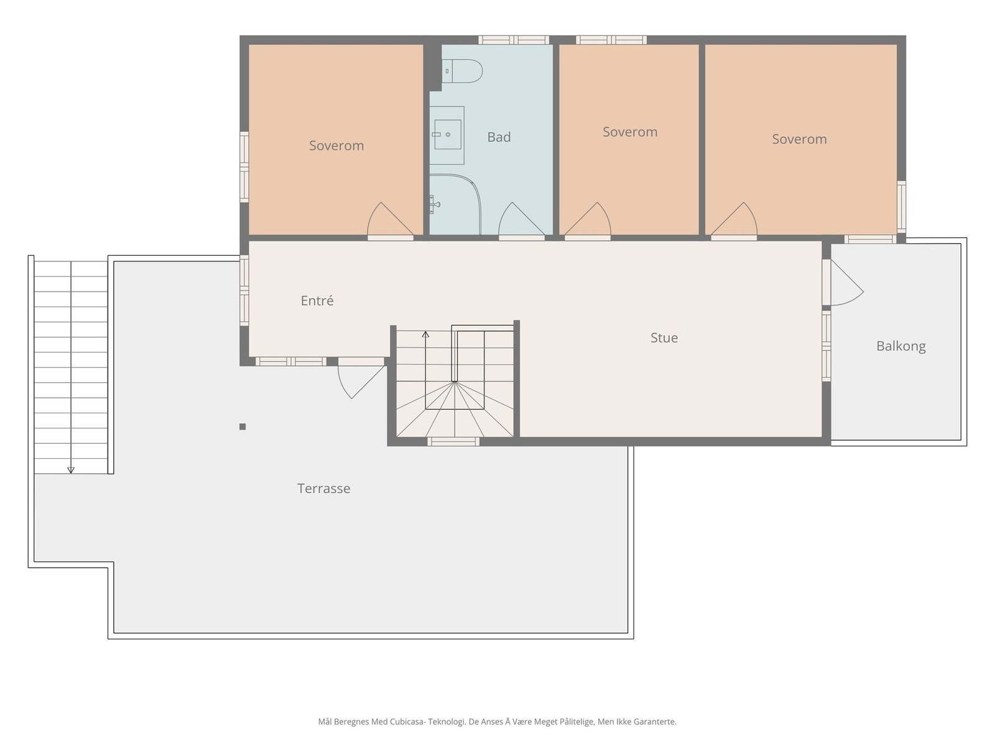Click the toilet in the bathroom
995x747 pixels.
click(x=461, y=71)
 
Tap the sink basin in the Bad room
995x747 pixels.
click(x=447, y=134)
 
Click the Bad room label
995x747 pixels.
click(x=499, y=137)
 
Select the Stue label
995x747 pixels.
click(x=664, y=337)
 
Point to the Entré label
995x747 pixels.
click(x=317, y=300)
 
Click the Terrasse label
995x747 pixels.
click(x=323, y=488)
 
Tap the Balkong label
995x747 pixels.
click(x=900, y=346)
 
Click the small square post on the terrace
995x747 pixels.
click(x=243, y=426)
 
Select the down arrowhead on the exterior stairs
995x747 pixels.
click(x=71, y=470)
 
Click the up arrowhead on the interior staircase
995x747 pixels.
click(x=425, y=335)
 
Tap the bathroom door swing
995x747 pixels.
click(x=521, y=219)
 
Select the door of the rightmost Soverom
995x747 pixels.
click(x=734, y=219)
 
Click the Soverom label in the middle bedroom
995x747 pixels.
click(x=629, y=132)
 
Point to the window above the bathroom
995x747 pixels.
click(x=514, y=40)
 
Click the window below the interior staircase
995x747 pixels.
click(x=453, y=441)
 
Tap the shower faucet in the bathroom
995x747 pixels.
click(x=434, y=204)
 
